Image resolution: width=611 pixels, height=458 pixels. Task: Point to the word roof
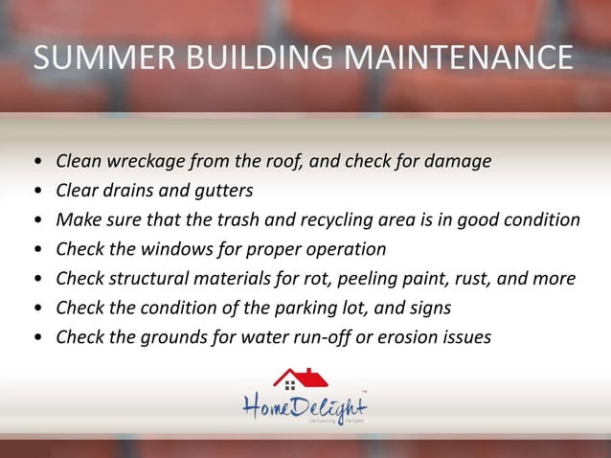pos(283,159)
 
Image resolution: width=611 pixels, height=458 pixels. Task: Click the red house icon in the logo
pos(300,379)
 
